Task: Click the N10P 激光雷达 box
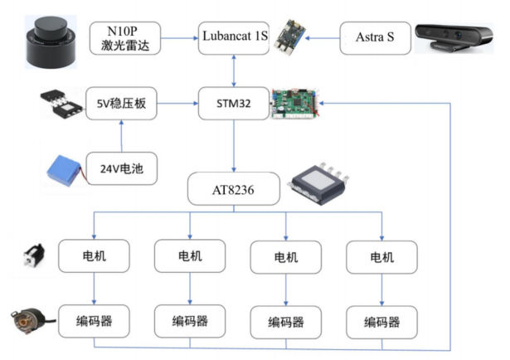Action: pyautogui.click(x=124, y=37)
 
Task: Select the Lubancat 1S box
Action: pyautogui.click(x=236, y=37)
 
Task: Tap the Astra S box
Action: pyautogui.click(x=374, y=38)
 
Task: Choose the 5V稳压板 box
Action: pyautogui.click(x=122, y=104)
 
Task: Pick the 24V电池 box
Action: pyautogui.click(x=122, y=169)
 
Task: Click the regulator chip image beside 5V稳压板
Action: pyautogui.click(x=61, y=105)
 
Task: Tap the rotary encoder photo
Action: pyautogui.click(x=27, y=320)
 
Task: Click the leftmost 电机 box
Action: pyautogui.click(x=94, y=256)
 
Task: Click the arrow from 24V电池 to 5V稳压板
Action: pyautogui.click(x=122, y=137)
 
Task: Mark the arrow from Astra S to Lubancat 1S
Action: pyautogui.click(x=306, y=37)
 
